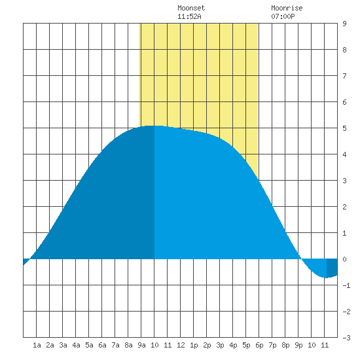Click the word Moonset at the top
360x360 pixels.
tap(191, 8)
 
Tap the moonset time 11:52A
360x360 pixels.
tap(189, 16)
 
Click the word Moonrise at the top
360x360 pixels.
tap(287, 8)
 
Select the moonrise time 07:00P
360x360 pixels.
tap(283, 16)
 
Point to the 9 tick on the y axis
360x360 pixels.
tap(344, 24)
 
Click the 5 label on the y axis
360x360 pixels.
tap(344, 128)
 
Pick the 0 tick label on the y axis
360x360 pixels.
tap(344, 259)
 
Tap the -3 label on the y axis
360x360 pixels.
tap(346, 338)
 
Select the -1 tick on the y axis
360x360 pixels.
tap(346, 285)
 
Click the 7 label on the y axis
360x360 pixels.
tap(344, 76)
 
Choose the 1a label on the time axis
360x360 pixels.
tap(37, 345)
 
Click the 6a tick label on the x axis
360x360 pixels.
tap(102, 345)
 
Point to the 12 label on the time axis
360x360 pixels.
tap(181, 345)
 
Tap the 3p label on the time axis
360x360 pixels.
tap(220, 346)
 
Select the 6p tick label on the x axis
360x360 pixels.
tap(259, 346)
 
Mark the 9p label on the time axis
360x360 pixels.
tap(298, 346)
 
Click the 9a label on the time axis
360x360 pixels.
tap(141, 345)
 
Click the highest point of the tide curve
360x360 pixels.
tap(154, 126)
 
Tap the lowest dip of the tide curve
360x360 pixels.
tap(325, 278)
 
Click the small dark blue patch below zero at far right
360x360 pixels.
tap(332, 268)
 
